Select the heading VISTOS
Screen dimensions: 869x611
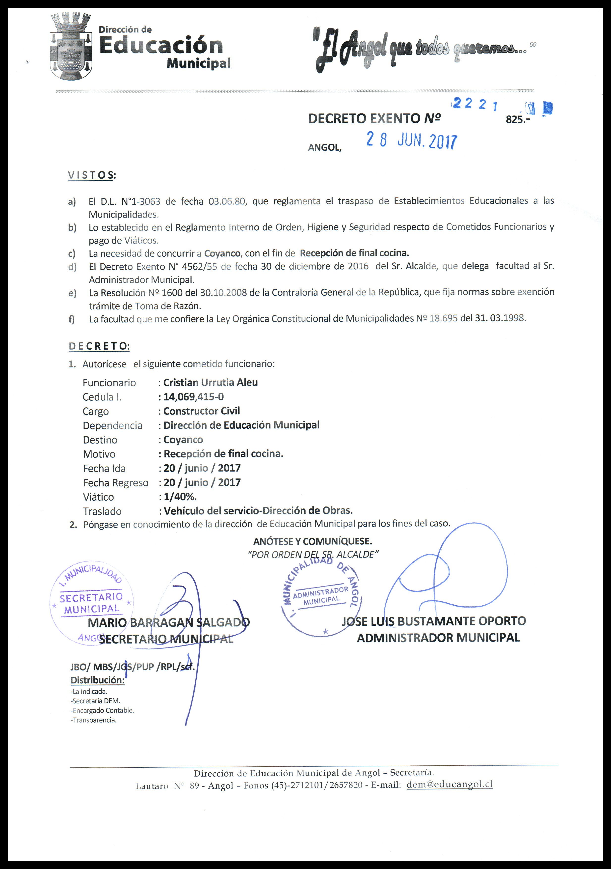[x=91, y=175]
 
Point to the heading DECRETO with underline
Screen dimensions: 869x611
[x=99, y=346]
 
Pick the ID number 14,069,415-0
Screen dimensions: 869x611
[x=193, y=397]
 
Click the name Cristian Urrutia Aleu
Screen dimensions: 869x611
[x=210, y=382]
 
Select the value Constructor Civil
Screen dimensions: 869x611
[x=201, y=411]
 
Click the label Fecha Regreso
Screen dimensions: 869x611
[x=115, y=482]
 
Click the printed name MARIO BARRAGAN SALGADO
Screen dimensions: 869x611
[x=168, y=622]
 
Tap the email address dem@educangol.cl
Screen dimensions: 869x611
[x=450, y=784]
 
